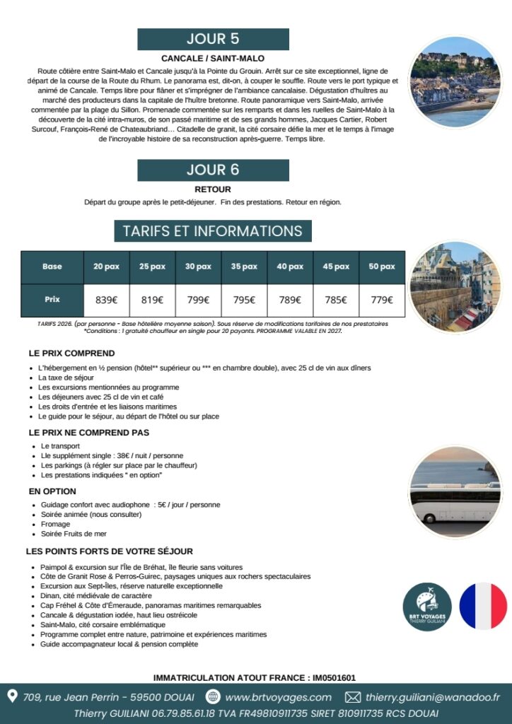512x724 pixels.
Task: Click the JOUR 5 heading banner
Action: click(213, 39)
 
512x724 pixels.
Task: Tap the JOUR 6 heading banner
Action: click(213, 170)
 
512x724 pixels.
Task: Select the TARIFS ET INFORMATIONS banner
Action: click(213, 231)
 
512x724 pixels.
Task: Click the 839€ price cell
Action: click(106, 300)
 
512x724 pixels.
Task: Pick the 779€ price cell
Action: click(382, 300)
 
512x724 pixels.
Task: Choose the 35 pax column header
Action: click(244, 267)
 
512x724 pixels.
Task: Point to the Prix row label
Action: click(52, 300)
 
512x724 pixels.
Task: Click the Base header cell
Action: click(52, 267)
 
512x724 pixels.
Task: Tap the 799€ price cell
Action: click(198, 300)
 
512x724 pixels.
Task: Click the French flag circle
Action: click(483, 607)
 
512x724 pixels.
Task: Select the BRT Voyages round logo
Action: click(427, 607)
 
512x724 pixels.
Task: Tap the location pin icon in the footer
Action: click(12, 696)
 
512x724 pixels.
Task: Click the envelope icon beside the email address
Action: click(352, 697)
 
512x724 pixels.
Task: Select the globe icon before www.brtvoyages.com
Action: click(213, 697)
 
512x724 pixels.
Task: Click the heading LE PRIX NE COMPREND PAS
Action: click(89, 432)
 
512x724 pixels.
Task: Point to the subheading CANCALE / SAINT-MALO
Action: click(213, 58)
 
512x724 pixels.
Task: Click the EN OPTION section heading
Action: click(52, 491)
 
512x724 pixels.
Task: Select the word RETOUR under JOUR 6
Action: click(213, 189)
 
